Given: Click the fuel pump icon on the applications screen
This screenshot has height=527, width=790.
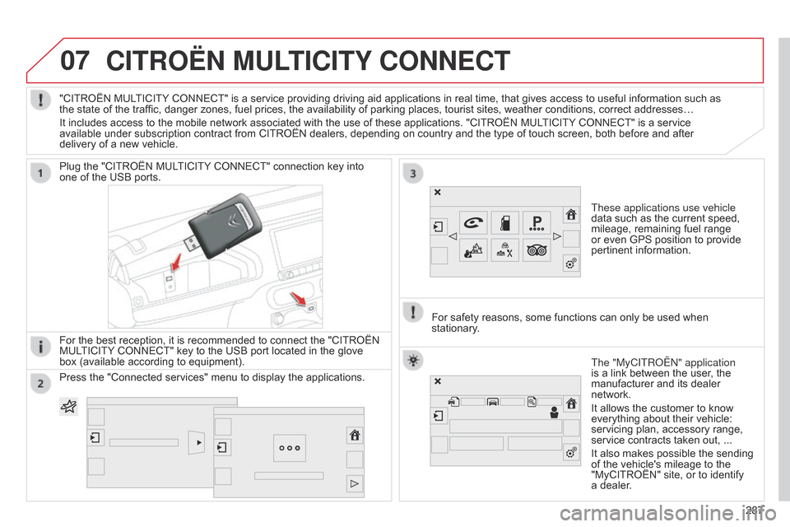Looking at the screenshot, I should click(505, 222).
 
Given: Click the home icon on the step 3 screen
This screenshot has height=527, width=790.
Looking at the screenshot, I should click(569, 216).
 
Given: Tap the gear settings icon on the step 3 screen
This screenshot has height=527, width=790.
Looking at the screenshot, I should click(569, 263).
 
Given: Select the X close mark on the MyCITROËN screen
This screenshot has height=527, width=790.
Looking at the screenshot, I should click(438, 381).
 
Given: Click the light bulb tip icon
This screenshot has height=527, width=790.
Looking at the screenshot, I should click(413, 362).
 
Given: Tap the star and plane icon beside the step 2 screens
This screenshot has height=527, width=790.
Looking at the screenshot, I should click(69, 406).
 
